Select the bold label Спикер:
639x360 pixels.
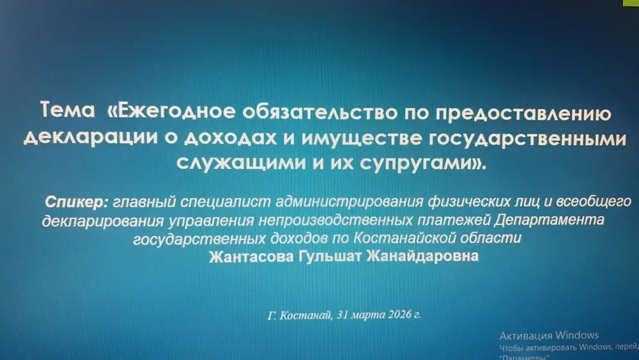[x=77, y=203]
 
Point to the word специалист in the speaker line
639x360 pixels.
[x=226, y=203]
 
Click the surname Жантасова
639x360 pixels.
[x=246, y=256]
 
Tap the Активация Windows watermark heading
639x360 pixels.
[x=548, y=335]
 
